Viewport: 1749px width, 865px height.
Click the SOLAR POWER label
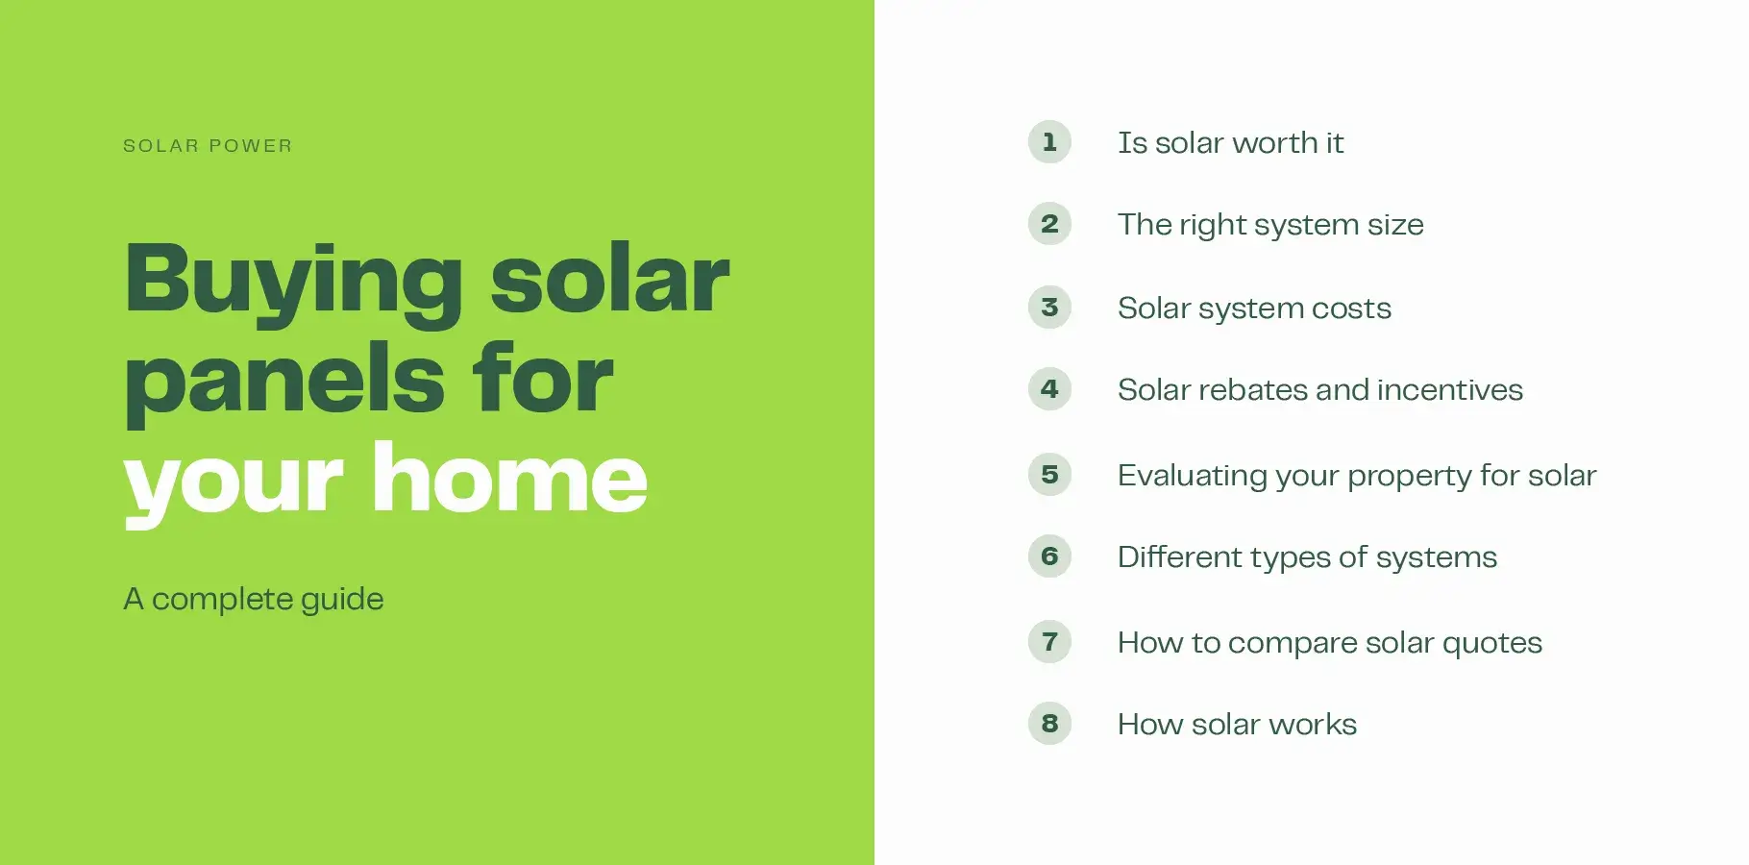[x=208, y=146]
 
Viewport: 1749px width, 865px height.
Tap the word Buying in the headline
[x=294, y=280]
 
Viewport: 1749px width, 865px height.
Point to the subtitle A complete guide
[x=254, y=599]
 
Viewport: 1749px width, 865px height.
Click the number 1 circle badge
[x=1049, y=142]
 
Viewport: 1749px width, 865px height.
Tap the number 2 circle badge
[x=1049, y=224]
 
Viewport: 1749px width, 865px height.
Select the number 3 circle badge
[x=1049, y=308]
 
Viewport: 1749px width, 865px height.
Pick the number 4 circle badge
[x=1049, y=389]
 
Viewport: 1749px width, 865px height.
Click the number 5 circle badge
[x=1049, y=475]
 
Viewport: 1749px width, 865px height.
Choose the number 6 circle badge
[x=1049, y=556]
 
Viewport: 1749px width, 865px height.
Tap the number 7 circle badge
[x=1049, y=641]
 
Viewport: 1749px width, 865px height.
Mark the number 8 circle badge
[x=1049, y=724]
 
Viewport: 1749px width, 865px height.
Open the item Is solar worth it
[x=1230, y=143]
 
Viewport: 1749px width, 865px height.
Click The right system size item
[x=1270, y=225]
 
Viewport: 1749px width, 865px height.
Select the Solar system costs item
[x=1254, y=309]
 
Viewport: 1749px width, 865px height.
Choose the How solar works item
[x=1237, y=725]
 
